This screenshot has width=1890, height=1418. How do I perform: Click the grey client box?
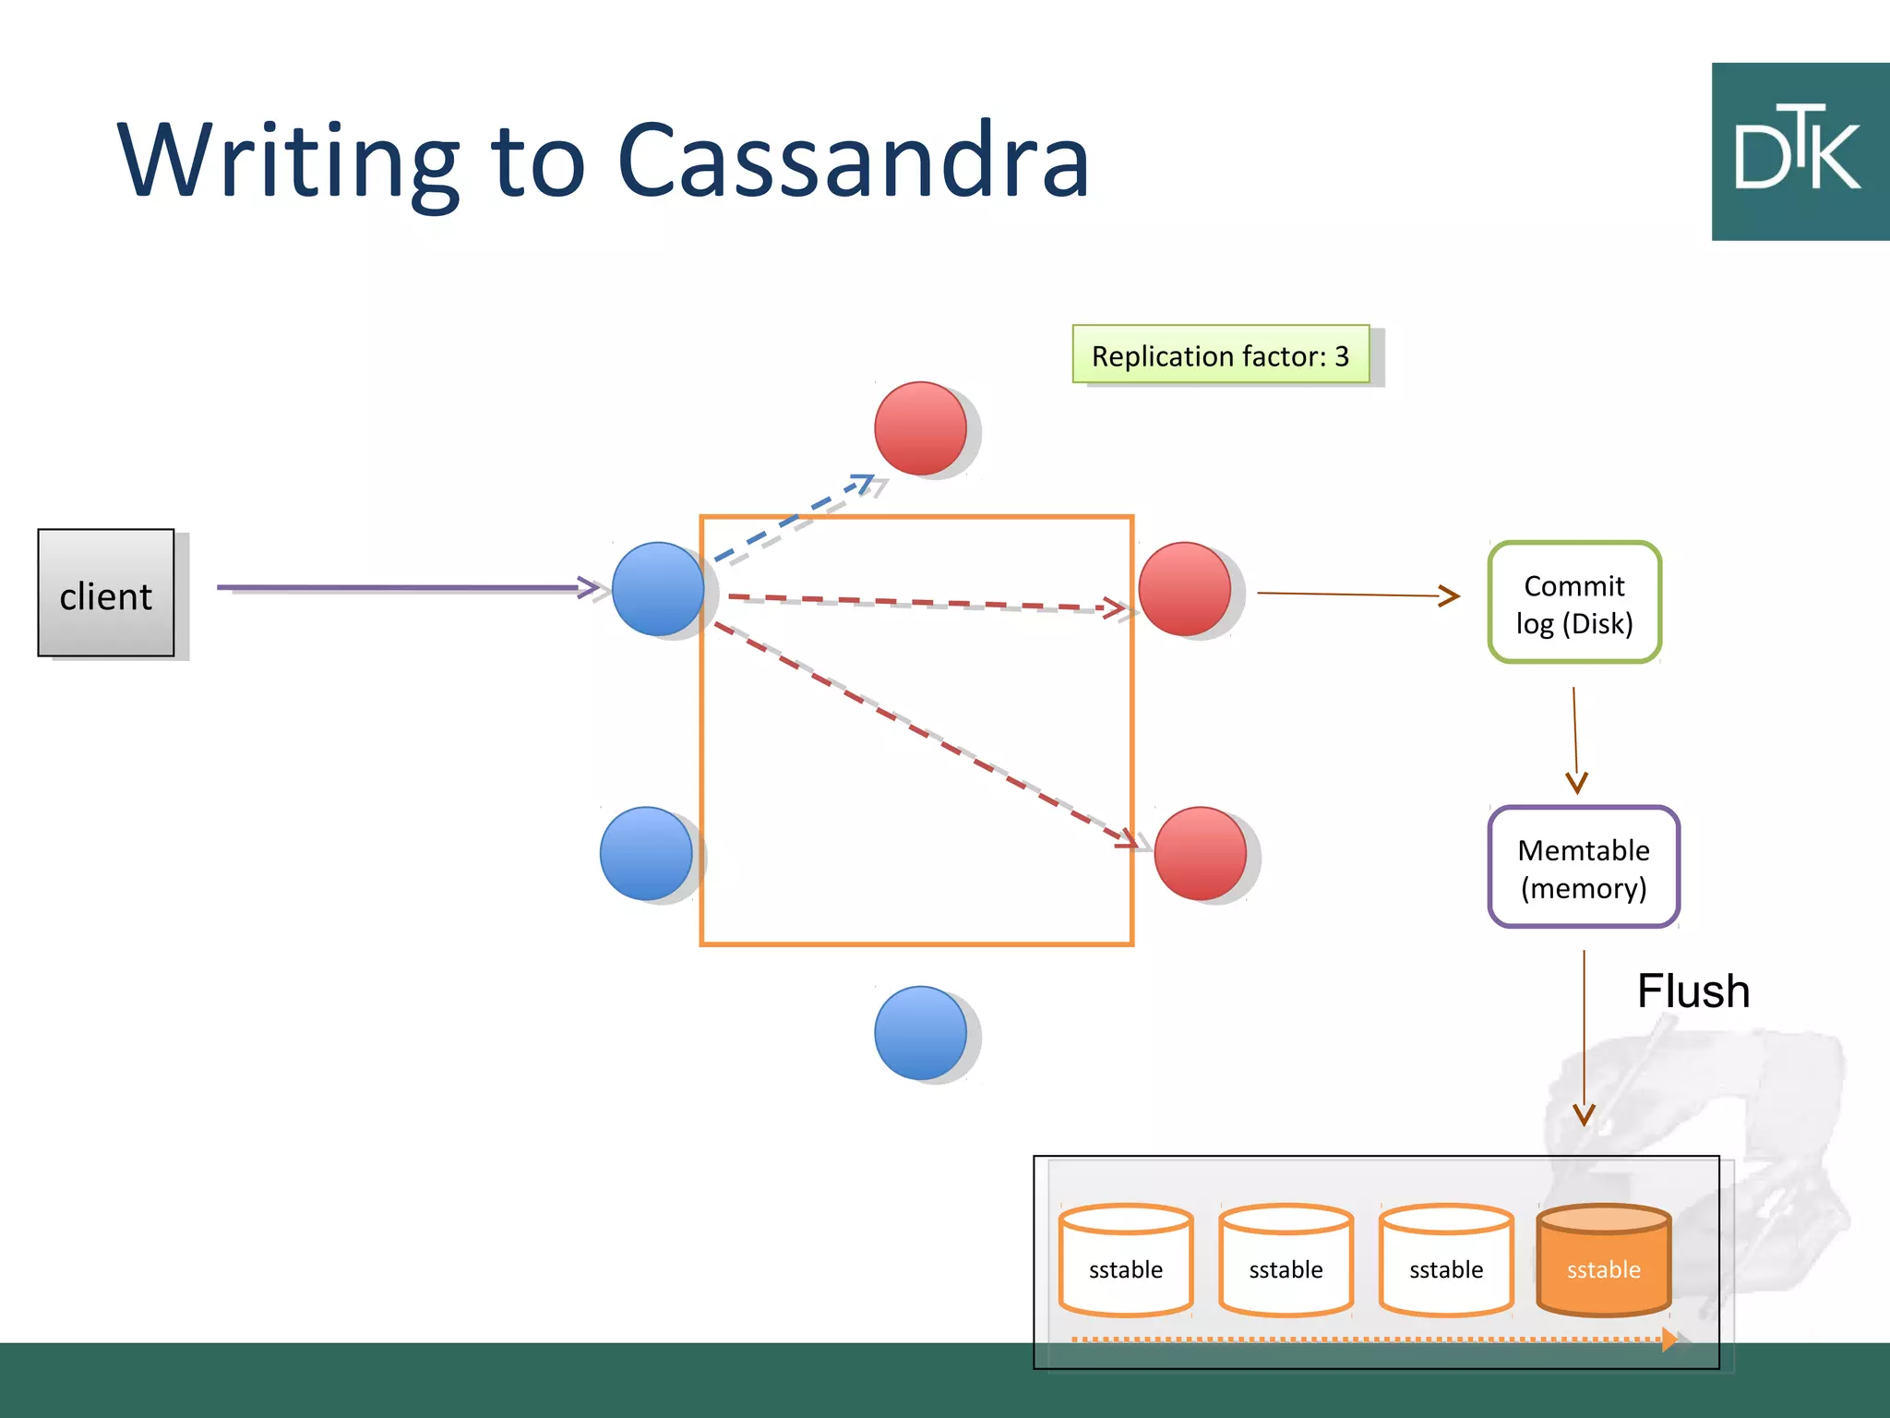(x=106, y=593)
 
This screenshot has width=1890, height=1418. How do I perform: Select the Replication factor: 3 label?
(x=1220, y=354)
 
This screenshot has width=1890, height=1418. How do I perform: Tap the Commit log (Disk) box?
(x=1574, y=603)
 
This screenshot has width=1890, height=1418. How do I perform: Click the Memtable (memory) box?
(x=1584, y=867)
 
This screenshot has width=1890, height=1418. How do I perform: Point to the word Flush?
(x=1693, y=991)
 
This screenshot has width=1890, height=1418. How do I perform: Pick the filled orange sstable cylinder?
(x=1604, y=1260)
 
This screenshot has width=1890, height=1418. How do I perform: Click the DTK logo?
(x=1799, y=152)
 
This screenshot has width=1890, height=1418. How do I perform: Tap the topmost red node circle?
(x=920, y=428)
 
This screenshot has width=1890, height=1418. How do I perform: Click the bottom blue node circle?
(x=920, y=1032)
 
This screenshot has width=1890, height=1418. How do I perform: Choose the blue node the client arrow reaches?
(x=658, y=589)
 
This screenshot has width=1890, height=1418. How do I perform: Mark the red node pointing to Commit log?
(x=1185, y=589)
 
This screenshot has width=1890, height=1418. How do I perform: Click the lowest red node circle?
(x=1200, y=853)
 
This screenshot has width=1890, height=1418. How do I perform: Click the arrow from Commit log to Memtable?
(x=1575, y=739)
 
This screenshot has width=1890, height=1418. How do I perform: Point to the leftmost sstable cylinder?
(x=1126, y=1260)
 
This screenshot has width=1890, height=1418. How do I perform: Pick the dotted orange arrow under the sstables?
(x=1366, y=1339)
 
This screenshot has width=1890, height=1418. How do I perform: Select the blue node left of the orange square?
(x=646, y=853)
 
